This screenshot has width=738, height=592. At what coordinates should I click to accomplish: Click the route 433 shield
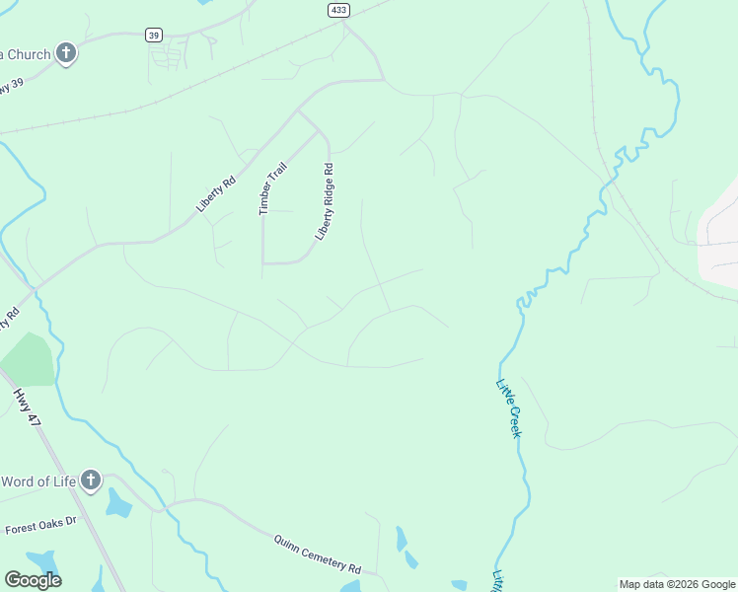pyautogui.click(x=338, y=9)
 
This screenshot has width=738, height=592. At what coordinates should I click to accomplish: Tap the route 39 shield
pyautogui.click(x=154, y=35)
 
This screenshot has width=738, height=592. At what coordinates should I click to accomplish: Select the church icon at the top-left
pyautogui.click(x=66, y=53)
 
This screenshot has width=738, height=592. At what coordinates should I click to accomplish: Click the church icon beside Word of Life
pyautogui.click(x=91, y=481)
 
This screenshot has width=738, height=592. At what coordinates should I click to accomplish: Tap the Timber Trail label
pyautogui.click(x=271, y=188)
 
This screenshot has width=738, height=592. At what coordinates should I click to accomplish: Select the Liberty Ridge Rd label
pyautogui.click(x=326, y=202)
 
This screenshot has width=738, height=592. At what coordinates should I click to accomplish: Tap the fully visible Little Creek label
pyautogui.click(x=509, y=409)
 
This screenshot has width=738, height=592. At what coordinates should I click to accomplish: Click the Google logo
pyautogui.click(x=33, y=580)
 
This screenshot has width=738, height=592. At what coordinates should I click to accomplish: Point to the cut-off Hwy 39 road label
pyautogui.click(x=11, y=86)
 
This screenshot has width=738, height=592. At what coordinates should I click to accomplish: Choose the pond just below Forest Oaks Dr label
pyautogui.click(x=41, y=563)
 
